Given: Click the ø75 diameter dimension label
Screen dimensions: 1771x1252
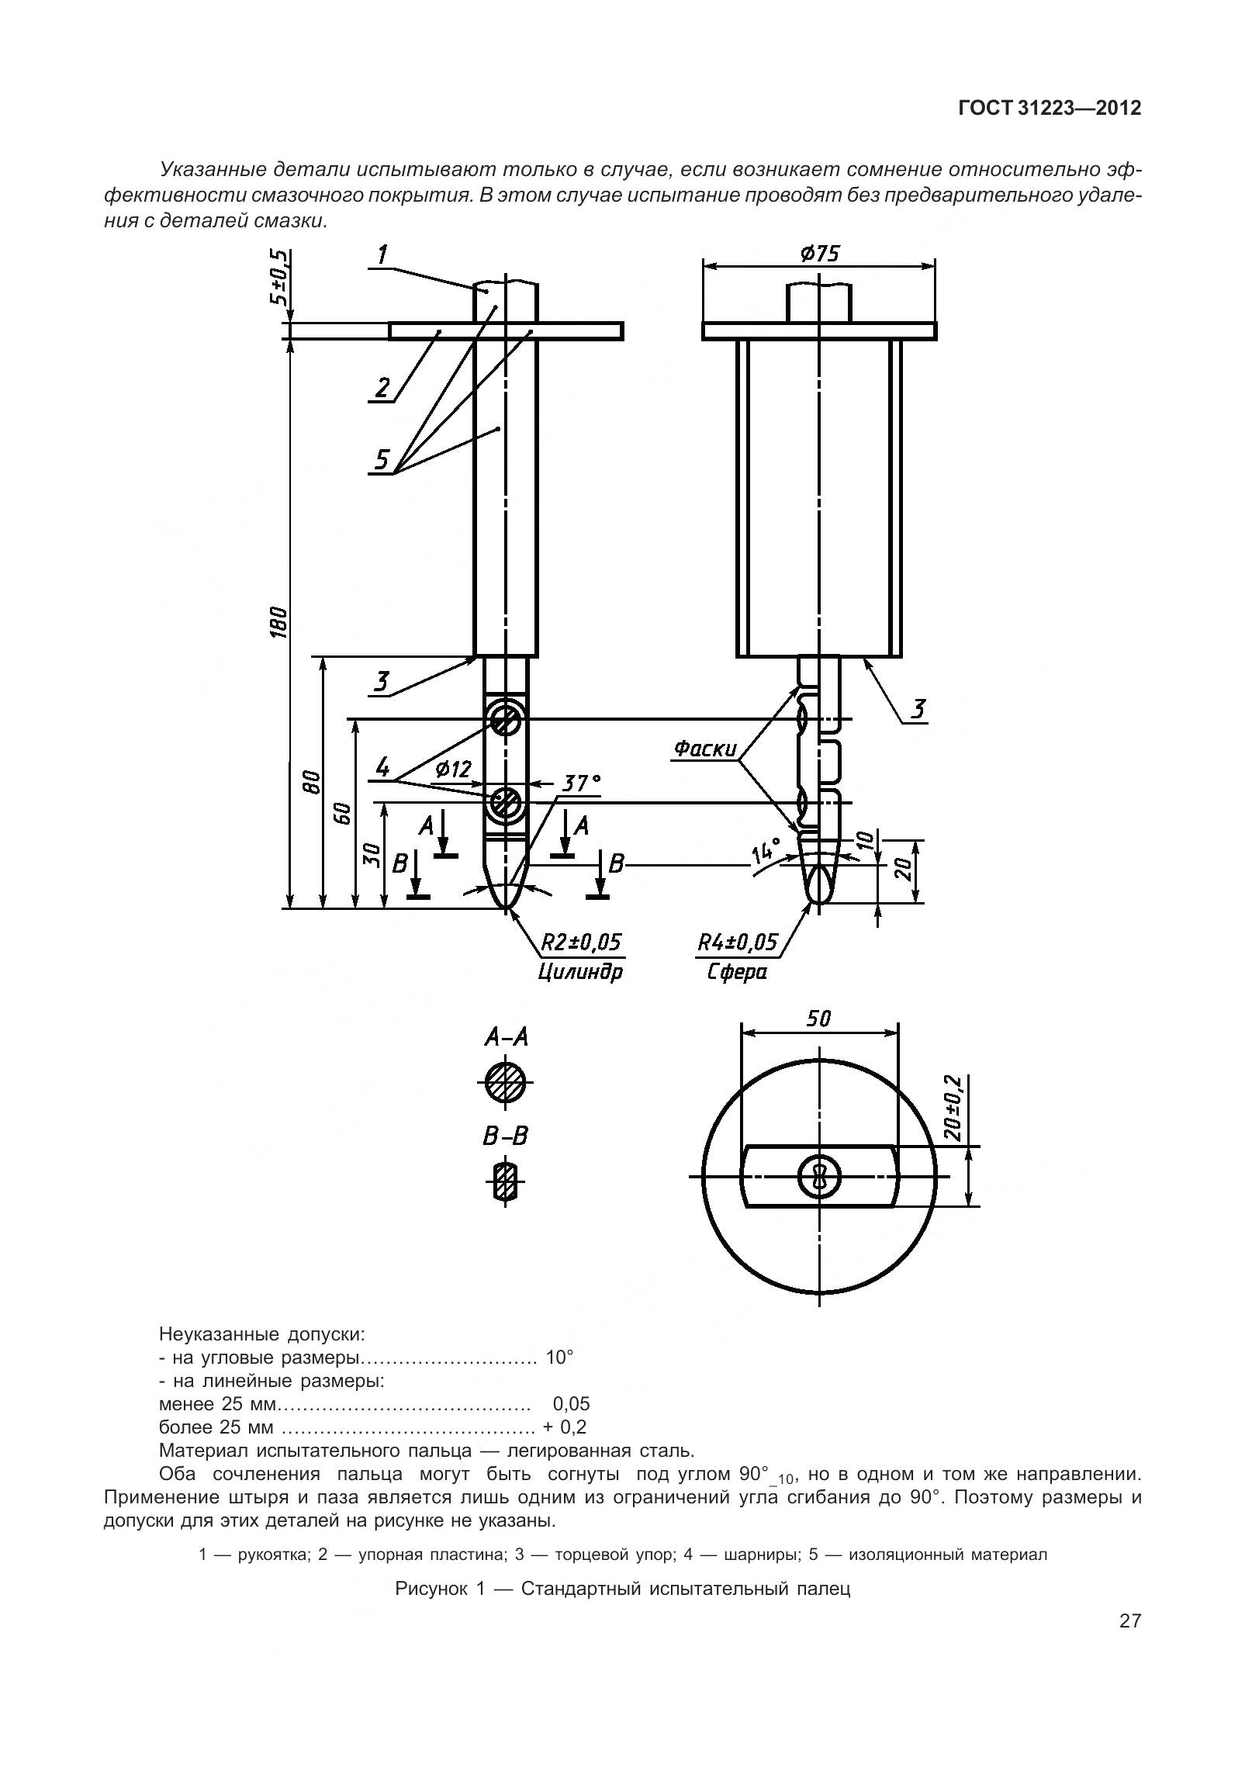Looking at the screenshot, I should tap(818, 254).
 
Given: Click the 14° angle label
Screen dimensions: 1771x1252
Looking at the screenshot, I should tap(766, 854).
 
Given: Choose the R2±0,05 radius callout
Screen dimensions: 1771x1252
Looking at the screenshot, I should tap(581, 943).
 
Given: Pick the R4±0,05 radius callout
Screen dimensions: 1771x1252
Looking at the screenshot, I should tap(737, 943).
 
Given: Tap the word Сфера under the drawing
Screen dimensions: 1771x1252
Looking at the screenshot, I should tap(736, 971).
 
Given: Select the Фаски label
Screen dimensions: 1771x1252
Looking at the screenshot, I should tap(704, 749).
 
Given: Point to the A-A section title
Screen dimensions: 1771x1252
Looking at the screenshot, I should tap(506, 1037).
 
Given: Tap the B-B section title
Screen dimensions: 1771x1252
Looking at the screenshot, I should tap(505, 1136).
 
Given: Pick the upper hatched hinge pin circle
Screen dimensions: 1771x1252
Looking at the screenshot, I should tap(505, 721).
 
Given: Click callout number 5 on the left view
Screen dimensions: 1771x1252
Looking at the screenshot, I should tap(382, 459).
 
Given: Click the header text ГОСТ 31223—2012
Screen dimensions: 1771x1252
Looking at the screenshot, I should tap(1050, 109).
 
